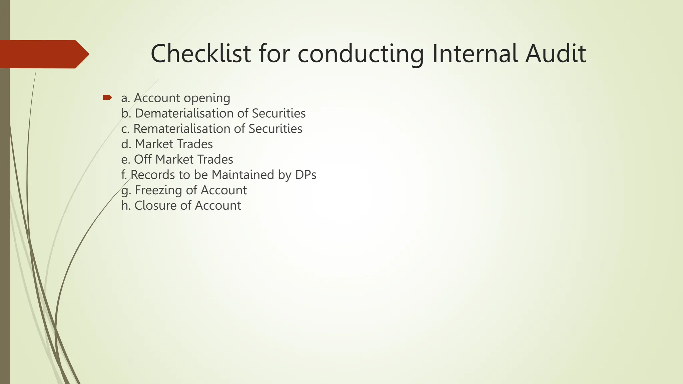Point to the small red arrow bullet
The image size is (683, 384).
pos(107,98)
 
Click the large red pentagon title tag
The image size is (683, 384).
pos(43,54)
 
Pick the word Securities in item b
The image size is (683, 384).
pos(278,113)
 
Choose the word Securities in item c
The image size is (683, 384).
pos(275,129)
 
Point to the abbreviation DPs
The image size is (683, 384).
pos(305,175)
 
